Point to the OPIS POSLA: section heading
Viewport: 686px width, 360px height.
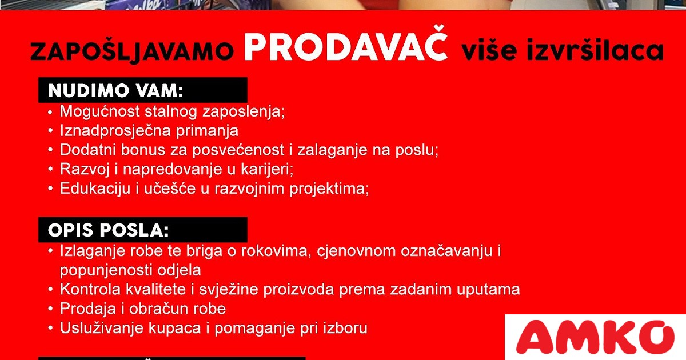coord(109,230)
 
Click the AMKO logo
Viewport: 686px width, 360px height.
coord(595,337)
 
